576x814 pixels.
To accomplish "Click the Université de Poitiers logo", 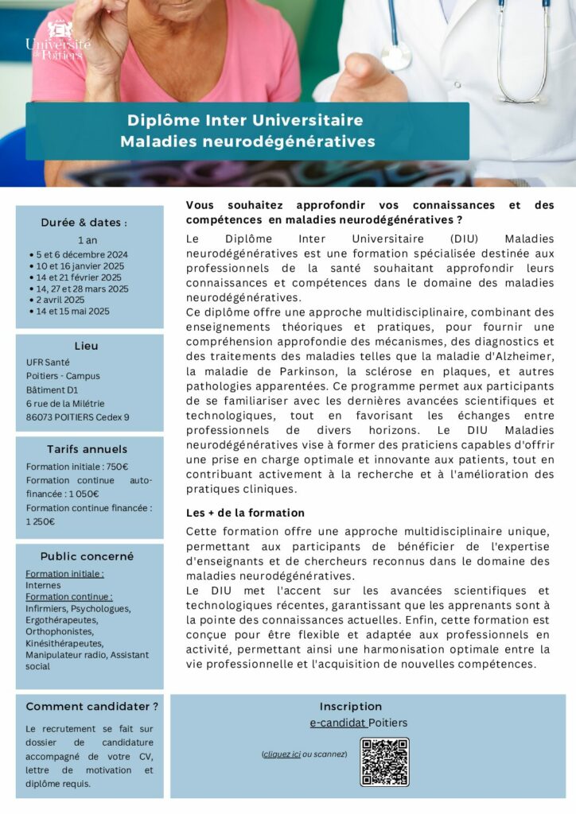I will pos(58,40).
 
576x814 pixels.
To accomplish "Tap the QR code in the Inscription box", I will pos(384,762).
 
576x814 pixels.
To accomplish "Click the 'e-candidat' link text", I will pos(338,723).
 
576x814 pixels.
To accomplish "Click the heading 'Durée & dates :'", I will pos(84,223).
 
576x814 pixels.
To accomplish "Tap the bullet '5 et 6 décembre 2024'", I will pos(82,254).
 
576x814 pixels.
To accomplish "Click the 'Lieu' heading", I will pos(87,347).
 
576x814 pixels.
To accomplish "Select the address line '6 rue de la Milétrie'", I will pos(65,403).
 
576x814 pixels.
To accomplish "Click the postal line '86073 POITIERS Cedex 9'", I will pos(77,417).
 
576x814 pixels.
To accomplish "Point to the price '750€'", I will pos(117,467).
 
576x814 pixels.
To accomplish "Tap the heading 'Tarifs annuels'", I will pos(87,449).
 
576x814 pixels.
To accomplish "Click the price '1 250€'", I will pos(41,521).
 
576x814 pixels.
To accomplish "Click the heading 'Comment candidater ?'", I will pos(91,706).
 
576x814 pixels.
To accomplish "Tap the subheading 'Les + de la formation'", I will pos(245,513).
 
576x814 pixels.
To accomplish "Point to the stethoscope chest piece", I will pos(395,57).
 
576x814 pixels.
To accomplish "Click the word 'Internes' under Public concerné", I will pos(43,585).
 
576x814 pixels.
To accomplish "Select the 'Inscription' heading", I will pos(351,706).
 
